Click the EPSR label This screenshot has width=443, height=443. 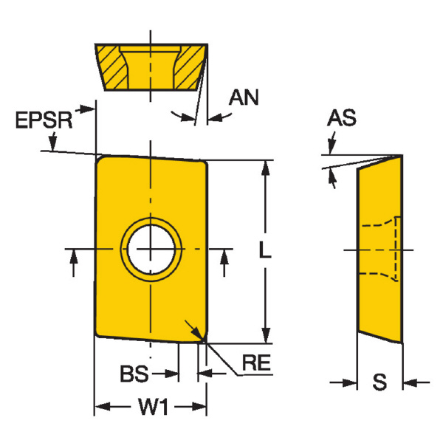tap(44, 120)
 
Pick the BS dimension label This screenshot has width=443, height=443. tap(132, 374)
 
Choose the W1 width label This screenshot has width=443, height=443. tap(150, 408)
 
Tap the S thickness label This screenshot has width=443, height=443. tap(380, 383)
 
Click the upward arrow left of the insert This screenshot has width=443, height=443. tap(72, 260)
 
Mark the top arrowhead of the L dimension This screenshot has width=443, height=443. tap(264, 165)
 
